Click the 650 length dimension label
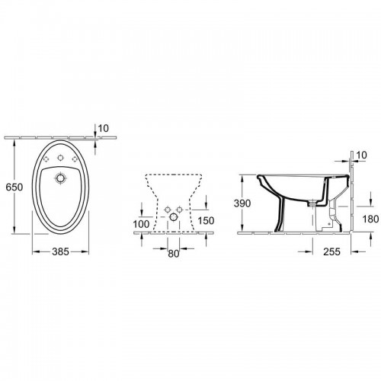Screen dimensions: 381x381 click(x=14, y=187)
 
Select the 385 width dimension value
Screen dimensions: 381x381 click(x=61, y=251)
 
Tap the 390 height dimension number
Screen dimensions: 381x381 click(x=242, y=203)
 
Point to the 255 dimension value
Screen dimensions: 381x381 click(x=331, y=251)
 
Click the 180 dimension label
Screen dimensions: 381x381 click(x=371, y=219)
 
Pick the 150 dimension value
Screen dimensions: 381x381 click(x=206, y=220)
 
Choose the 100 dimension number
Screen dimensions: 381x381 click(x=141, y=224)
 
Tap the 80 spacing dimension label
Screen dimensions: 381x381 click(x=174, y=254)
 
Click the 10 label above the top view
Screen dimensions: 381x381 click(x=104, y=129)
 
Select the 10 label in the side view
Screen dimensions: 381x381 click(x=362, y=155)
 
